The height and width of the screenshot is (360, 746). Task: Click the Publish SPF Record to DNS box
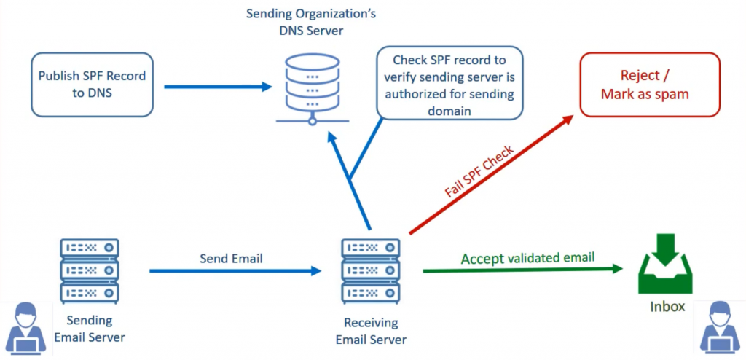click(x=92, y=84)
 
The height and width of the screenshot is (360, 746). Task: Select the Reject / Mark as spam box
click(x=649, y=85)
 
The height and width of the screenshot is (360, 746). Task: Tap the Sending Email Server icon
click(x=90, y=270)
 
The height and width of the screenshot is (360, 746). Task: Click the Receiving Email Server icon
click(x=371, y=270)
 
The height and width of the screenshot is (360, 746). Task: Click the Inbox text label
click(x=667, y=307)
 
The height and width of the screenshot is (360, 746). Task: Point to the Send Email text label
click(x=231, y=258)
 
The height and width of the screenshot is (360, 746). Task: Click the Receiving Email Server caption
click(x=371, y=331)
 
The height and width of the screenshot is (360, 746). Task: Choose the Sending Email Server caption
click(x=90, y=329)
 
